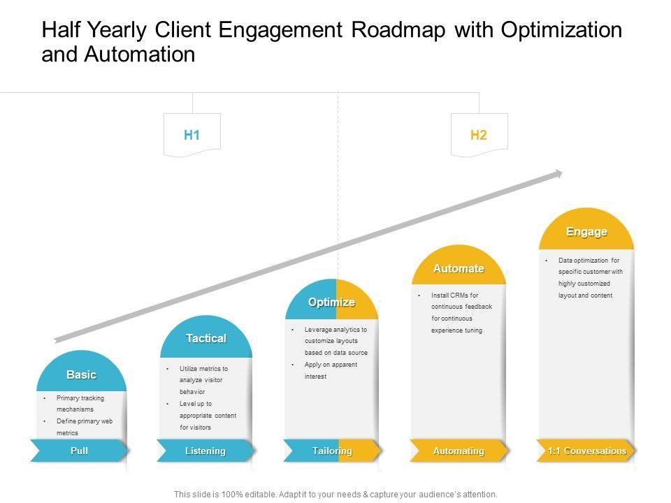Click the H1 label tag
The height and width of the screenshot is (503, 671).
[x=192, y=135]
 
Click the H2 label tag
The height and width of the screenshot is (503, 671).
[x=479, y=135]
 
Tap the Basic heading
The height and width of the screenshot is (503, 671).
[x=81, y=375]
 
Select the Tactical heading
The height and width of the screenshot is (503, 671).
[x=206, y=338]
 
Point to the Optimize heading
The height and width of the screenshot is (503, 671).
[x=332, y=302]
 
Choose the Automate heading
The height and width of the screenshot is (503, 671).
[x=458, y=268]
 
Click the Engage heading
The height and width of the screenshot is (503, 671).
[x=586, y=231]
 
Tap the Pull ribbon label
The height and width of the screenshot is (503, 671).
[x=79, y=451]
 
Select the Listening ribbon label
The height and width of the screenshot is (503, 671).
[x=205, y=451]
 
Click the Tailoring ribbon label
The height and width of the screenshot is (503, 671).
[x=332, y=451]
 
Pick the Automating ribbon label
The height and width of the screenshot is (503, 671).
[x=458, y=451]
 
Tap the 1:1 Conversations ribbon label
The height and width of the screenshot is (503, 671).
[x=587, y=451]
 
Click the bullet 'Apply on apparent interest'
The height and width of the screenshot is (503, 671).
[x=331, y=370]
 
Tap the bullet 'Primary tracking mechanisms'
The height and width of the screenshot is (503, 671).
[x=80, y=404]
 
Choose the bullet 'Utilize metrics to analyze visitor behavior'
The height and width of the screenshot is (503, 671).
[x=203, y=380]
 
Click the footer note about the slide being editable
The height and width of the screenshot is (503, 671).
[x=335, y=494]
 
